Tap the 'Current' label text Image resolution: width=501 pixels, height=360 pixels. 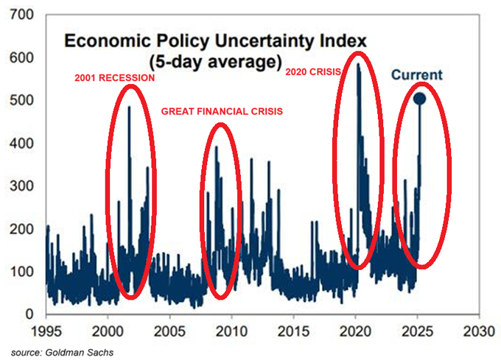coord(416,74)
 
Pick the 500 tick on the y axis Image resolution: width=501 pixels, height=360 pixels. coord(21,100)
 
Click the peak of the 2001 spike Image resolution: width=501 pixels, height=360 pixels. coord(129,107)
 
